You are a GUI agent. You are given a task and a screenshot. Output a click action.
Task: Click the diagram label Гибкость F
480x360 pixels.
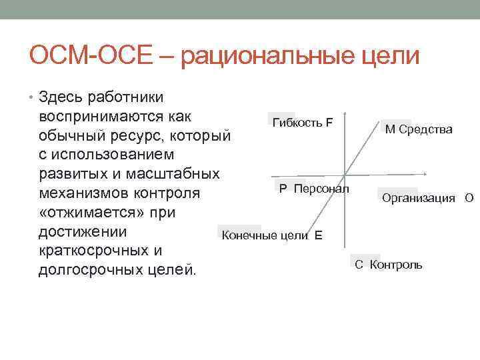303,122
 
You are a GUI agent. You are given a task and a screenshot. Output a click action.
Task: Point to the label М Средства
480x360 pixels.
419,129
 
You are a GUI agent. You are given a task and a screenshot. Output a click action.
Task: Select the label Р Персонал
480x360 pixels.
313,189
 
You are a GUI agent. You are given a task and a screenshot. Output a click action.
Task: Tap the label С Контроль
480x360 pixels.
388,265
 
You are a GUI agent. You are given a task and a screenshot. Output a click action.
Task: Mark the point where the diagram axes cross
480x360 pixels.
344,176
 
